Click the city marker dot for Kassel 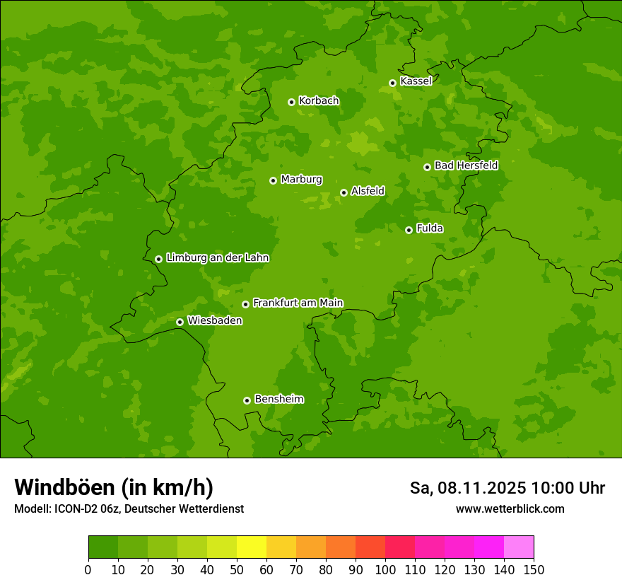click(x=392, y=83)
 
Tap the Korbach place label click(x=319, y=101)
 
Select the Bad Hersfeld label click(x=466, y=165)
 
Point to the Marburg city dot click(x=273, y=180)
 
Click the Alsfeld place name click(x=368, y=191)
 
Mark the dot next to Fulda click(x=409, y=230)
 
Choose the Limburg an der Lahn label click(x=217, y=258)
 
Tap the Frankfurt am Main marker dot click(x=245, y=304)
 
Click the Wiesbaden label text click(x=214, y=321)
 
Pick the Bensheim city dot click(x=247, y=400)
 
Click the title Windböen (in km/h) click(x=114, y=487)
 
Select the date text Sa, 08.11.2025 click(x=468, y=488)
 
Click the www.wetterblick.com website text click(x=510, y=509)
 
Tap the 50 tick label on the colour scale click(x=236, y=569)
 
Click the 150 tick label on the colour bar click(x=533, y=569)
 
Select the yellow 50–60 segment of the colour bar click(x=252, y=547)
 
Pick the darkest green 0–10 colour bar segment click(x=103, y=547)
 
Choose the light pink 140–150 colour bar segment click(x=519, y=547)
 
